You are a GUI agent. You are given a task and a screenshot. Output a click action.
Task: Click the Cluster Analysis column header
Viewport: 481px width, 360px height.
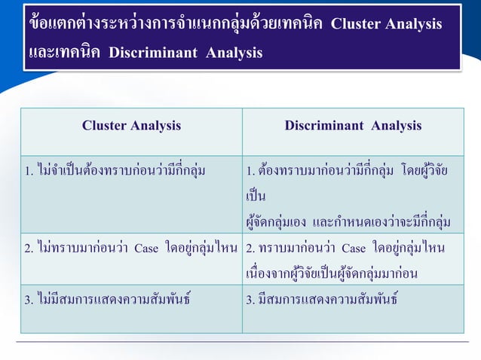pos(131,126)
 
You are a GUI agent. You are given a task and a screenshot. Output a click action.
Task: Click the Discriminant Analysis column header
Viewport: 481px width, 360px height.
pos(353,126)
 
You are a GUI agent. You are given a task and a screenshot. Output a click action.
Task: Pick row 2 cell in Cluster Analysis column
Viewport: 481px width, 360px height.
pos(131,258)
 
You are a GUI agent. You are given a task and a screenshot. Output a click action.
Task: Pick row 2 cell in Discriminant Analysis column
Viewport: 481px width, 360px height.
pos(353,258)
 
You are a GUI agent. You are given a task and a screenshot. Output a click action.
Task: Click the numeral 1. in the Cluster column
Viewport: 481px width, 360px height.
pos(28,171)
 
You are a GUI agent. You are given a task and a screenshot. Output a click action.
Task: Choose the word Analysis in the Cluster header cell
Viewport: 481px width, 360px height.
pos(155,126)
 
